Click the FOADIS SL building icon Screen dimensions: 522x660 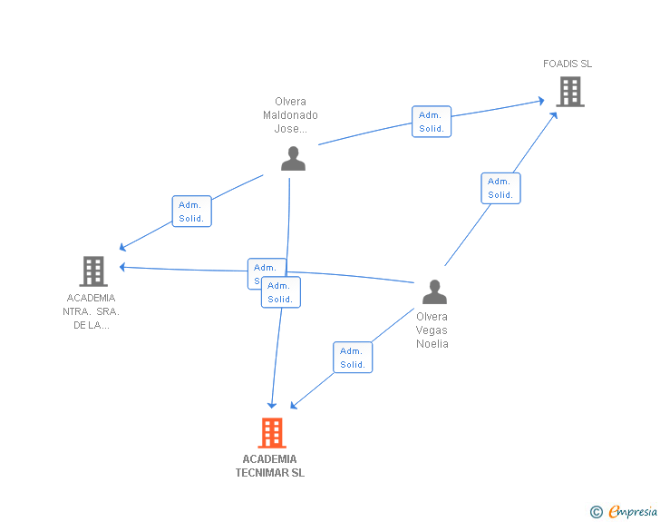(569, 92)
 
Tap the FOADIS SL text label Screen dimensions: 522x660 (568, 64)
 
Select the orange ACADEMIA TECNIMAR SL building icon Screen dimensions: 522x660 (271, 433)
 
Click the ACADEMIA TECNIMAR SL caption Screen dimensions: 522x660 (270, 466)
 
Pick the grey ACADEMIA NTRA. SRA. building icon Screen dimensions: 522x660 (93, 271)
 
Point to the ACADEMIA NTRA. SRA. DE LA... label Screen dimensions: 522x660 (92, 311)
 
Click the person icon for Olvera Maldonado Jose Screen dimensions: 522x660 (293, 159)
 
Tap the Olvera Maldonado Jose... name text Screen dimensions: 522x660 (290, 115)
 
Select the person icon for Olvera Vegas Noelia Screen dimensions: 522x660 (434, 292)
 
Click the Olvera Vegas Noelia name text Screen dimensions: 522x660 (432, 330)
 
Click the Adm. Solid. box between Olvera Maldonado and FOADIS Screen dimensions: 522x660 (432, 122)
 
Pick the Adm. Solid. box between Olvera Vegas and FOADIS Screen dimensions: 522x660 (500, 188)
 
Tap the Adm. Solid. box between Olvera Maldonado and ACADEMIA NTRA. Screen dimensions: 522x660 (191, 212)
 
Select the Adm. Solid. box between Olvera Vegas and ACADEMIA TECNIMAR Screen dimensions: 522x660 (353, 358)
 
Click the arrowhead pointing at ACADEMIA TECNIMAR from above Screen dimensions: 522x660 (271, 404)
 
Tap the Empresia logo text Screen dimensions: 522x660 (633, 512)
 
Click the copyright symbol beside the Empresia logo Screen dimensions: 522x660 (596, 512)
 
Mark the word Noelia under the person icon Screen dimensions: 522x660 (432, 344)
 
